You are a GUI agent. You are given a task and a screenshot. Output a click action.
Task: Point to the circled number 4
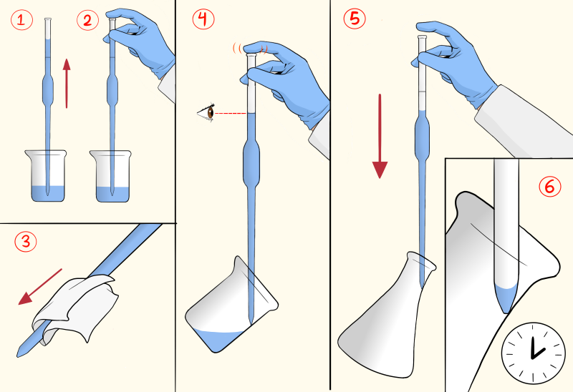click(x=204, y=20)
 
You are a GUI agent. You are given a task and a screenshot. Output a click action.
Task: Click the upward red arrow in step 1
click(x=67, y=83)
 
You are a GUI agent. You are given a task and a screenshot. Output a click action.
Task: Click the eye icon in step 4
click(x=208, y=113)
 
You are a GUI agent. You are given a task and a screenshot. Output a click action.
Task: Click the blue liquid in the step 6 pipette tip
click(x=506, y=296)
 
